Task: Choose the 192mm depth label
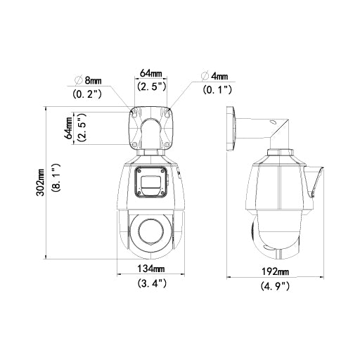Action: tap(274, 272)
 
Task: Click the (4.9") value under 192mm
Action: tap(274, 286)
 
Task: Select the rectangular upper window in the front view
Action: tap(151, 184)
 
